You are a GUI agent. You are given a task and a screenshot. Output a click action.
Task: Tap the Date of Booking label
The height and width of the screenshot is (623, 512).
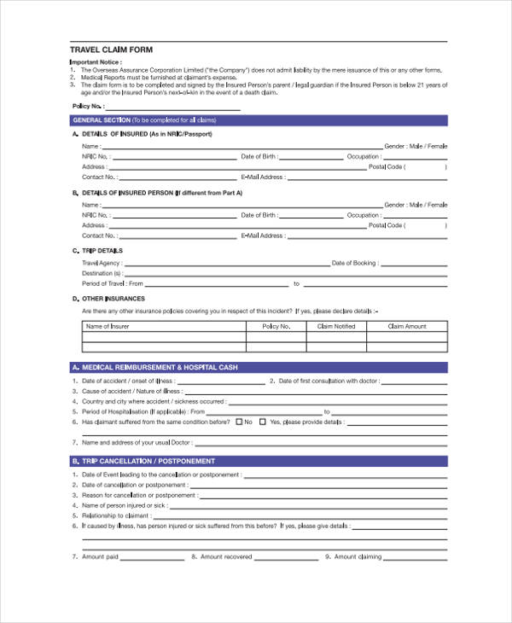pos(353,263)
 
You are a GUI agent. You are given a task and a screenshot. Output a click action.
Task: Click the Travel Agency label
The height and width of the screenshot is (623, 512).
pos(100,263)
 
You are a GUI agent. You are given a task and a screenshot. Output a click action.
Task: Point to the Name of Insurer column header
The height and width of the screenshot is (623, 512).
pos(108,326)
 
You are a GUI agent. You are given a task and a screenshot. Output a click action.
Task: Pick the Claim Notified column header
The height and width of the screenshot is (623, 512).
pos(335,326)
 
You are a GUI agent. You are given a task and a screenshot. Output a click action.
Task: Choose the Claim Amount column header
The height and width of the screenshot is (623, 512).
pos(406,326)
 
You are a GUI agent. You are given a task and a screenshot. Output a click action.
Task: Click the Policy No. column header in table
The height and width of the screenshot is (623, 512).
pos(276,326)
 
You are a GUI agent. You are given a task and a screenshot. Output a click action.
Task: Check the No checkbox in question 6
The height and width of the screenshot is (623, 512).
pos(238,422)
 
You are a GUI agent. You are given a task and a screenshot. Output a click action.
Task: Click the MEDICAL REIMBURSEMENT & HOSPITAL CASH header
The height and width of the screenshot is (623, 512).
pos(159,367)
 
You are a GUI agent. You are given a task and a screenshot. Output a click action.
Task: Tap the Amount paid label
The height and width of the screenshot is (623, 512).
pos(100,556)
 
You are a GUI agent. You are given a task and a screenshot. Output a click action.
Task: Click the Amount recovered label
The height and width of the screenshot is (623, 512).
pos(225,556)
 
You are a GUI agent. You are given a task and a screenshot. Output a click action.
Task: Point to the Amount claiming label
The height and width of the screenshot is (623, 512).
pos(358,556)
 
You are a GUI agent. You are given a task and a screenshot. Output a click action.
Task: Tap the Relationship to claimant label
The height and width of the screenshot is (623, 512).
pos(116,515)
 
